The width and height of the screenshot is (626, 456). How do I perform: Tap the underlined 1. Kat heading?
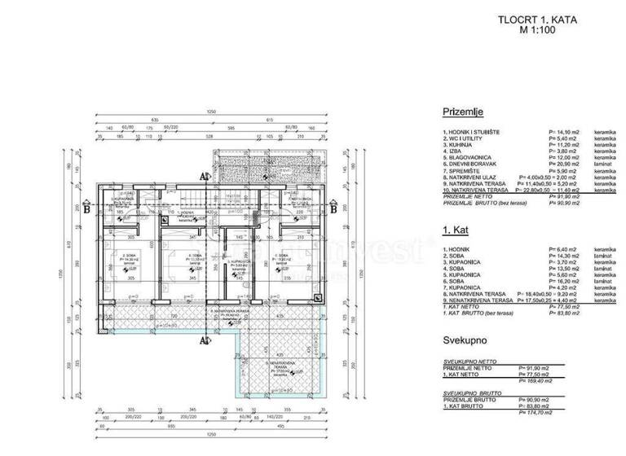454,236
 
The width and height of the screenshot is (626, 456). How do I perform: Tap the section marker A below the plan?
201,340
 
